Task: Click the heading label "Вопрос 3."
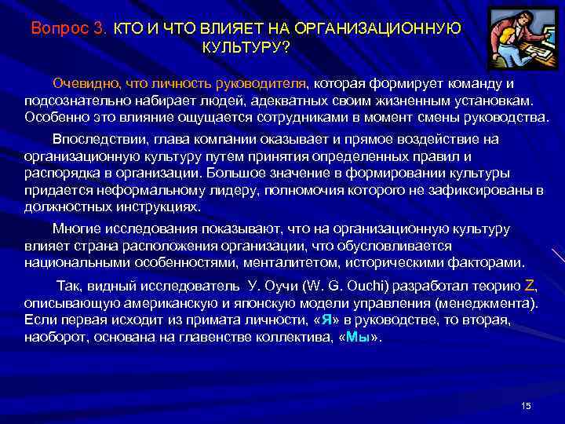point(68,28)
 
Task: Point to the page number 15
point(526,405)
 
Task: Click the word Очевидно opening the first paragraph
point(83,84)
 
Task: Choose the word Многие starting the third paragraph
point(77,228)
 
